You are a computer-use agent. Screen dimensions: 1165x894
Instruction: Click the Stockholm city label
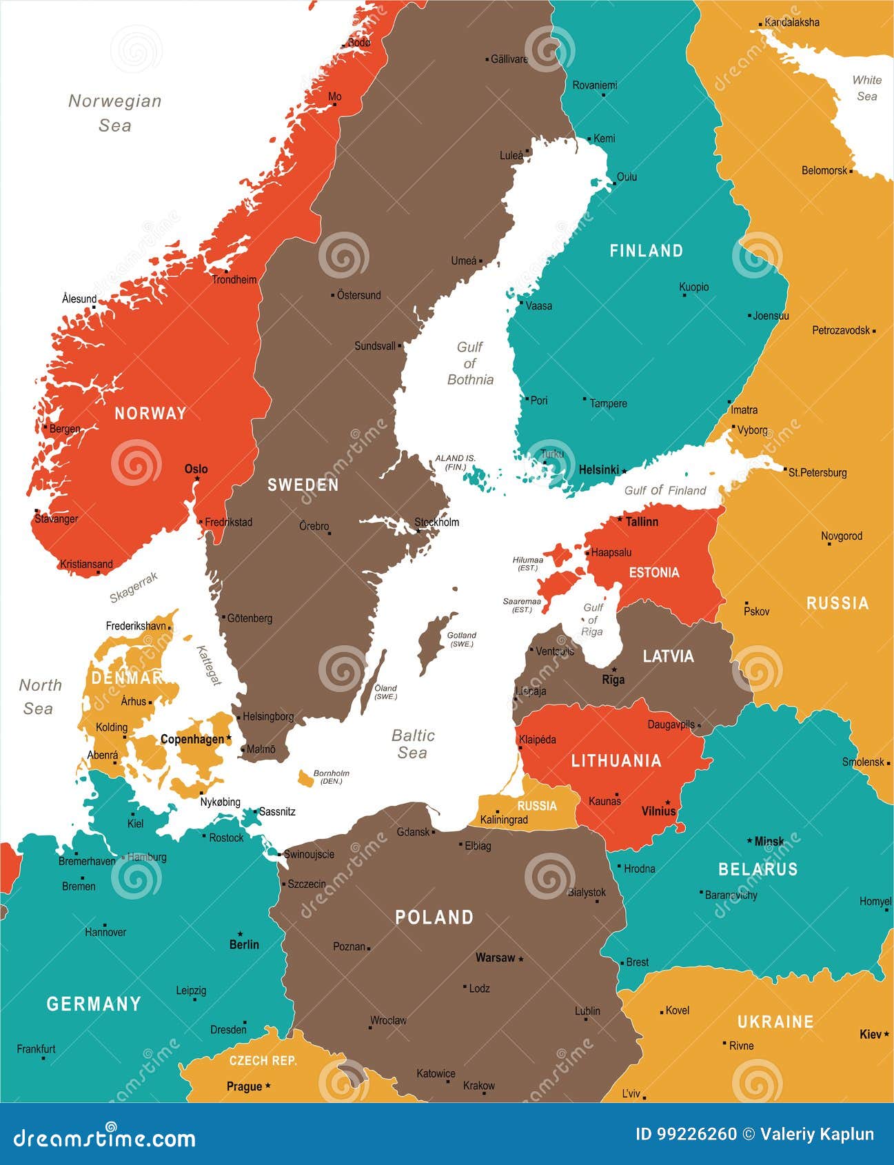click(x=437, y=522)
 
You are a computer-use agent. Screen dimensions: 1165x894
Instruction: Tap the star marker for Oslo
click(x=197, y=478)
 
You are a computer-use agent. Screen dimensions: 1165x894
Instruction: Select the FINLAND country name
click(x=646, y=250)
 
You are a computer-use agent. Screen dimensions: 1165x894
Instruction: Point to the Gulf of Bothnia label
click(x=470, y=363)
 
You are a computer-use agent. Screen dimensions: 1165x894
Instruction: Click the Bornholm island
click(x=305, y=778)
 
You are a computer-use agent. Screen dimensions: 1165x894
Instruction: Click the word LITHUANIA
click(x=616, y=760)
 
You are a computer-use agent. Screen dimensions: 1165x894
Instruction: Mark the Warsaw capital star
click(x=521, y=959)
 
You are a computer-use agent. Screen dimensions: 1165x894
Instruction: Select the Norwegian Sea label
click(x=114, y=112)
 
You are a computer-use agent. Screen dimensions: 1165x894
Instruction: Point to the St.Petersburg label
click(x=817, y=472)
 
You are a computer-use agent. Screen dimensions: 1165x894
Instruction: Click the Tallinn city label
click(x=641, y=522)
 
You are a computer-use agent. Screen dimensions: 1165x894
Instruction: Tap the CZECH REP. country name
click(x=263, y=1060)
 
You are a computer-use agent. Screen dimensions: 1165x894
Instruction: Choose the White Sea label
click(x=866, y=88)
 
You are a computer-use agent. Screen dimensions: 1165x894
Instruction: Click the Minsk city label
click(x=769, y=841)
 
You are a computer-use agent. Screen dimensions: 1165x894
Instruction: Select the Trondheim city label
click(x=234, y=279)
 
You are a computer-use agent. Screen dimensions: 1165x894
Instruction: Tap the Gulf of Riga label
click(x=592, y=619)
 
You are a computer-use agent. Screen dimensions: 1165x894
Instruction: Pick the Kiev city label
click(x=870, y=1034)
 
